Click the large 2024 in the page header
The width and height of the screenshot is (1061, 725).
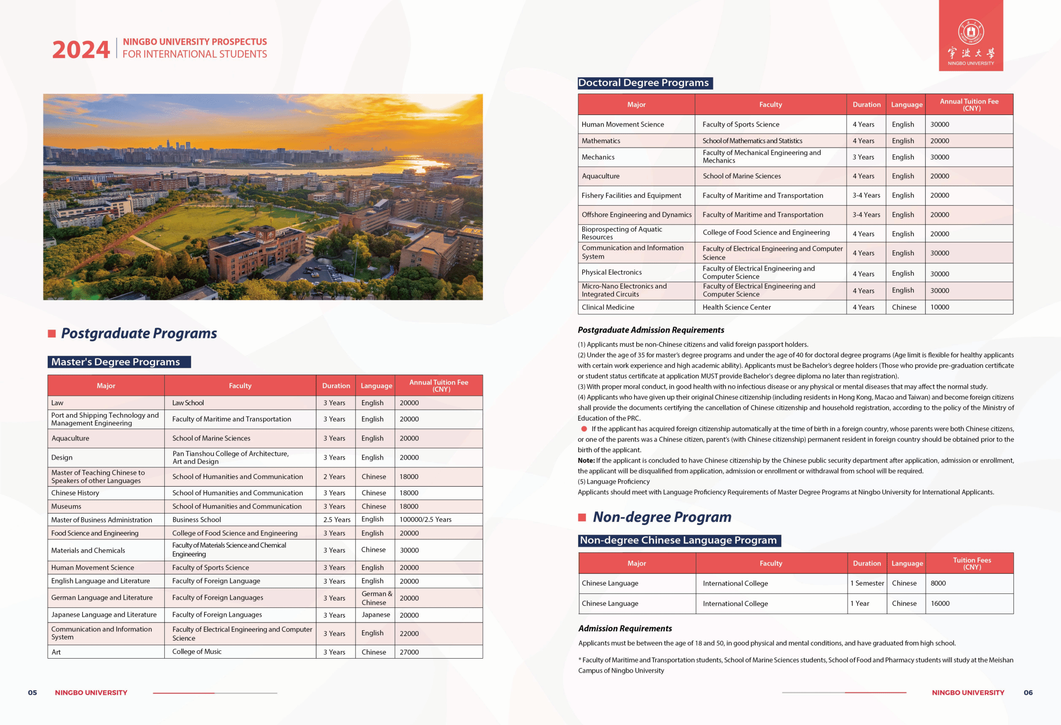[81, 50]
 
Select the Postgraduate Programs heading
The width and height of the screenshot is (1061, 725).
[139, 333]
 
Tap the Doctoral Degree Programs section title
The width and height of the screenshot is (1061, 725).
[643, 83]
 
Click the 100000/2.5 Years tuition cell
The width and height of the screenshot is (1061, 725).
[425, 520]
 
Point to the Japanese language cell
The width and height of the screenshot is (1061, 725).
[376, 615]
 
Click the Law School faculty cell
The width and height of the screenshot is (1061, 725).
[188, 403]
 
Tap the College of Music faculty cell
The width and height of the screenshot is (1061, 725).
[197, 652]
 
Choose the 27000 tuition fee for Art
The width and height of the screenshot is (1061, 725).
[409, 652]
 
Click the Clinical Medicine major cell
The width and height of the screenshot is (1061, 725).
[608, 307]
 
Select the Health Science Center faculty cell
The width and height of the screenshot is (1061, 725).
[737, 307]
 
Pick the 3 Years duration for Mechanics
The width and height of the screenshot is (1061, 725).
[863, 157]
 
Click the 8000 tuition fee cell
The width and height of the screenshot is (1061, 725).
[938, 584]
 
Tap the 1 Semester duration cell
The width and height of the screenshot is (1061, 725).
[867, 584]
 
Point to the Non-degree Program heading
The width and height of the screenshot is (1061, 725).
[662, 517]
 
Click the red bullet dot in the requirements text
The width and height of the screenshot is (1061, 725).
[584, 429]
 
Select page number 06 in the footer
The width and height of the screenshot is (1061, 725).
[1028, 693]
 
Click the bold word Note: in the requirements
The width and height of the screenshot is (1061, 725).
[586, 461]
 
